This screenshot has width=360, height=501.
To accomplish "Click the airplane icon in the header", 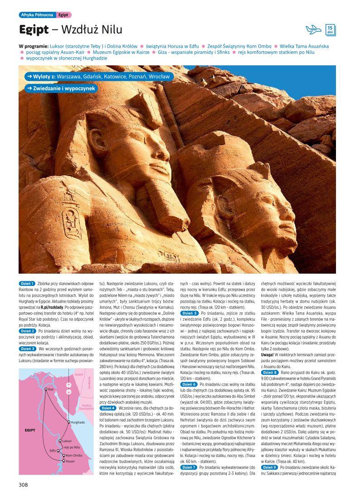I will tap(313, 30).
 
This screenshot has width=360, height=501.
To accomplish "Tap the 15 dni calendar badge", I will tap(330, 30).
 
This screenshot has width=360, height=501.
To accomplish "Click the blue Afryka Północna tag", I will tap(37, 15).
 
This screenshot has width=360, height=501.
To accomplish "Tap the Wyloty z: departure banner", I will tap(97, 77).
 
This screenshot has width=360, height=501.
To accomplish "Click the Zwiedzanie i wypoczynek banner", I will tap(61, 88).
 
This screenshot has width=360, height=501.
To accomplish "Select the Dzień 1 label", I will tap(27, 284).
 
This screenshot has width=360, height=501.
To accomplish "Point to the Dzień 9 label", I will tap(269, 467).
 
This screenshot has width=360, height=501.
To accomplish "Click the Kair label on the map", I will tap(51, 389).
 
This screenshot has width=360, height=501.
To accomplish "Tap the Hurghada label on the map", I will tap(78, 422).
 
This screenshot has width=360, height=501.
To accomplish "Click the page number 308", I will tap(24, 485).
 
